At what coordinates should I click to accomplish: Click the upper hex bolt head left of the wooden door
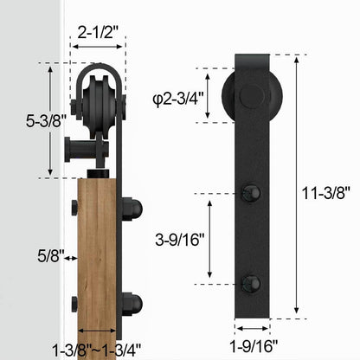click(74, 209)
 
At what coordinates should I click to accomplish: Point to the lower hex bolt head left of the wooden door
click(74, 302)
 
